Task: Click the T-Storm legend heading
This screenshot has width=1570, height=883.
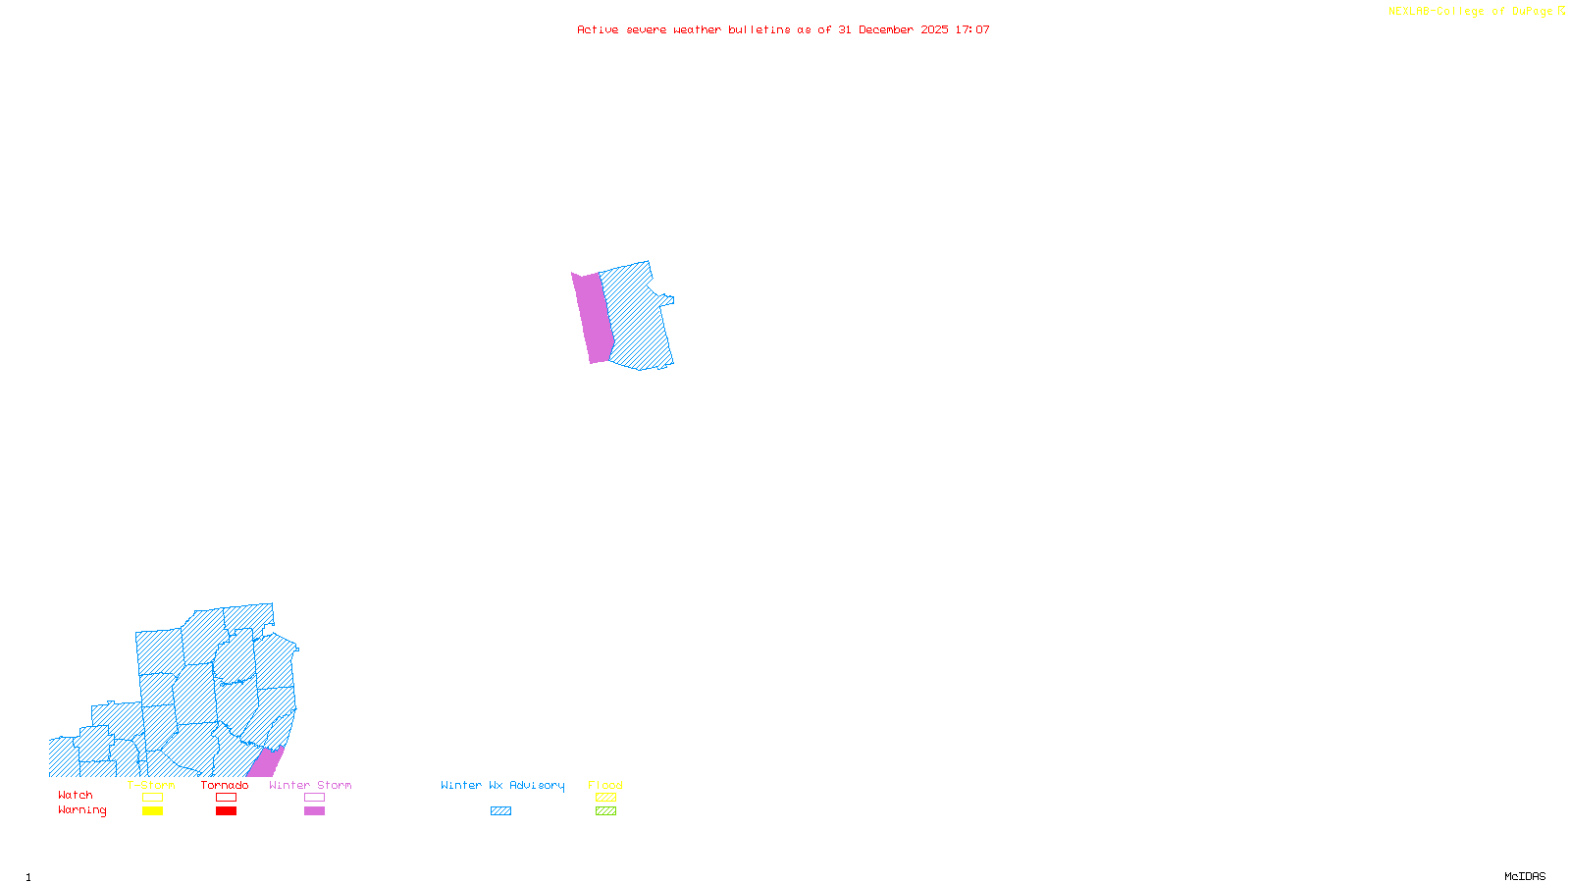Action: click(x=151, y=785)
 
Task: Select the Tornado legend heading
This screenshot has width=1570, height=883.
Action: click(x=225, y=785)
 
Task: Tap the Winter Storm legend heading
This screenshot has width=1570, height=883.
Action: click(x=310, y=785)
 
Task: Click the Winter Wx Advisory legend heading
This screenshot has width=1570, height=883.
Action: click(x=502, y=785)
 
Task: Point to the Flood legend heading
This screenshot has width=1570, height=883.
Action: click(x=605, y=785)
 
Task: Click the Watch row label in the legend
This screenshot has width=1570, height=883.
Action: click(x=76, y=796)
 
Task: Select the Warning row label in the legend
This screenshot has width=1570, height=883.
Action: click(x=82, y=810)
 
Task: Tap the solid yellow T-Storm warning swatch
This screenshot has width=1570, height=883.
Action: click(x=152, y=811)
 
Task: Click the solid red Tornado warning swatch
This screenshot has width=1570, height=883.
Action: click(x=227, y=811)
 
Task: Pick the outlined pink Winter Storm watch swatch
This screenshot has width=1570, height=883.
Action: click(x=314, y=798)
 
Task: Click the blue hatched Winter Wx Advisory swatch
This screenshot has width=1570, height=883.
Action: click(x=500, y=811)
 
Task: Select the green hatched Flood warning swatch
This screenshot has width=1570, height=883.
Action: click(x=606, y=811)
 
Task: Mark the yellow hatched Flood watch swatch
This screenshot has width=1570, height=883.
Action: click(x=606, y=798)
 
